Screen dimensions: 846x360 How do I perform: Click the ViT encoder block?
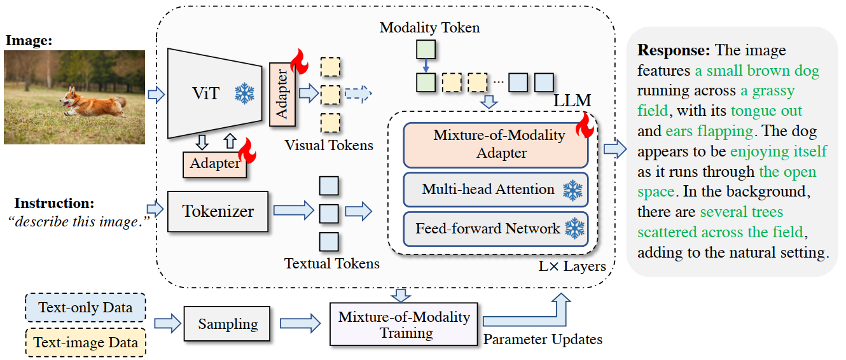point(214,93)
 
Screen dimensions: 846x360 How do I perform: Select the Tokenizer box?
point(218,212)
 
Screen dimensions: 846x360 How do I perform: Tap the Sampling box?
point(227,324)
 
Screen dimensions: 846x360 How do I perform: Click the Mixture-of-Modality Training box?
point(404,324)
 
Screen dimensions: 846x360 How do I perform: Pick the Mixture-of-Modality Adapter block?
point(496,145)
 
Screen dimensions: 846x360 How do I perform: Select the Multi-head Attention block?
point(496,190)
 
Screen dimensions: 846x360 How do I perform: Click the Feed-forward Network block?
point(496,229)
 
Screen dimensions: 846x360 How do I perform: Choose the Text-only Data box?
point(85,307)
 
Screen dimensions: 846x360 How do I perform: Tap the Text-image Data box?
point(85,342)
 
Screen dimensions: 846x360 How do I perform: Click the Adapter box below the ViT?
point(214,165)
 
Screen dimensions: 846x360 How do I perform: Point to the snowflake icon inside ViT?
point(245,93)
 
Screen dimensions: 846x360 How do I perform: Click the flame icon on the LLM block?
point(585,125)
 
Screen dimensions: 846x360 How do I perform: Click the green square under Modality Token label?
point(426,50)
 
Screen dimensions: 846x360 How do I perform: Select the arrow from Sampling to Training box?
point(300,323)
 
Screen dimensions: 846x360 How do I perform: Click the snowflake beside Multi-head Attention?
point(572,190)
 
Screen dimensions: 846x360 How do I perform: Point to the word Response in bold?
point(674,50)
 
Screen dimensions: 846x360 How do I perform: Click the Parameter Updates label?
point(543,339)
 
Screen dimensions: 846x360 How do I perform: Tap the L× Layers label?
point(572,267)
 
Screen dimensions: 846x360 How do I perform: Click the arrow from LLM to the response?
point(615,149)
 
